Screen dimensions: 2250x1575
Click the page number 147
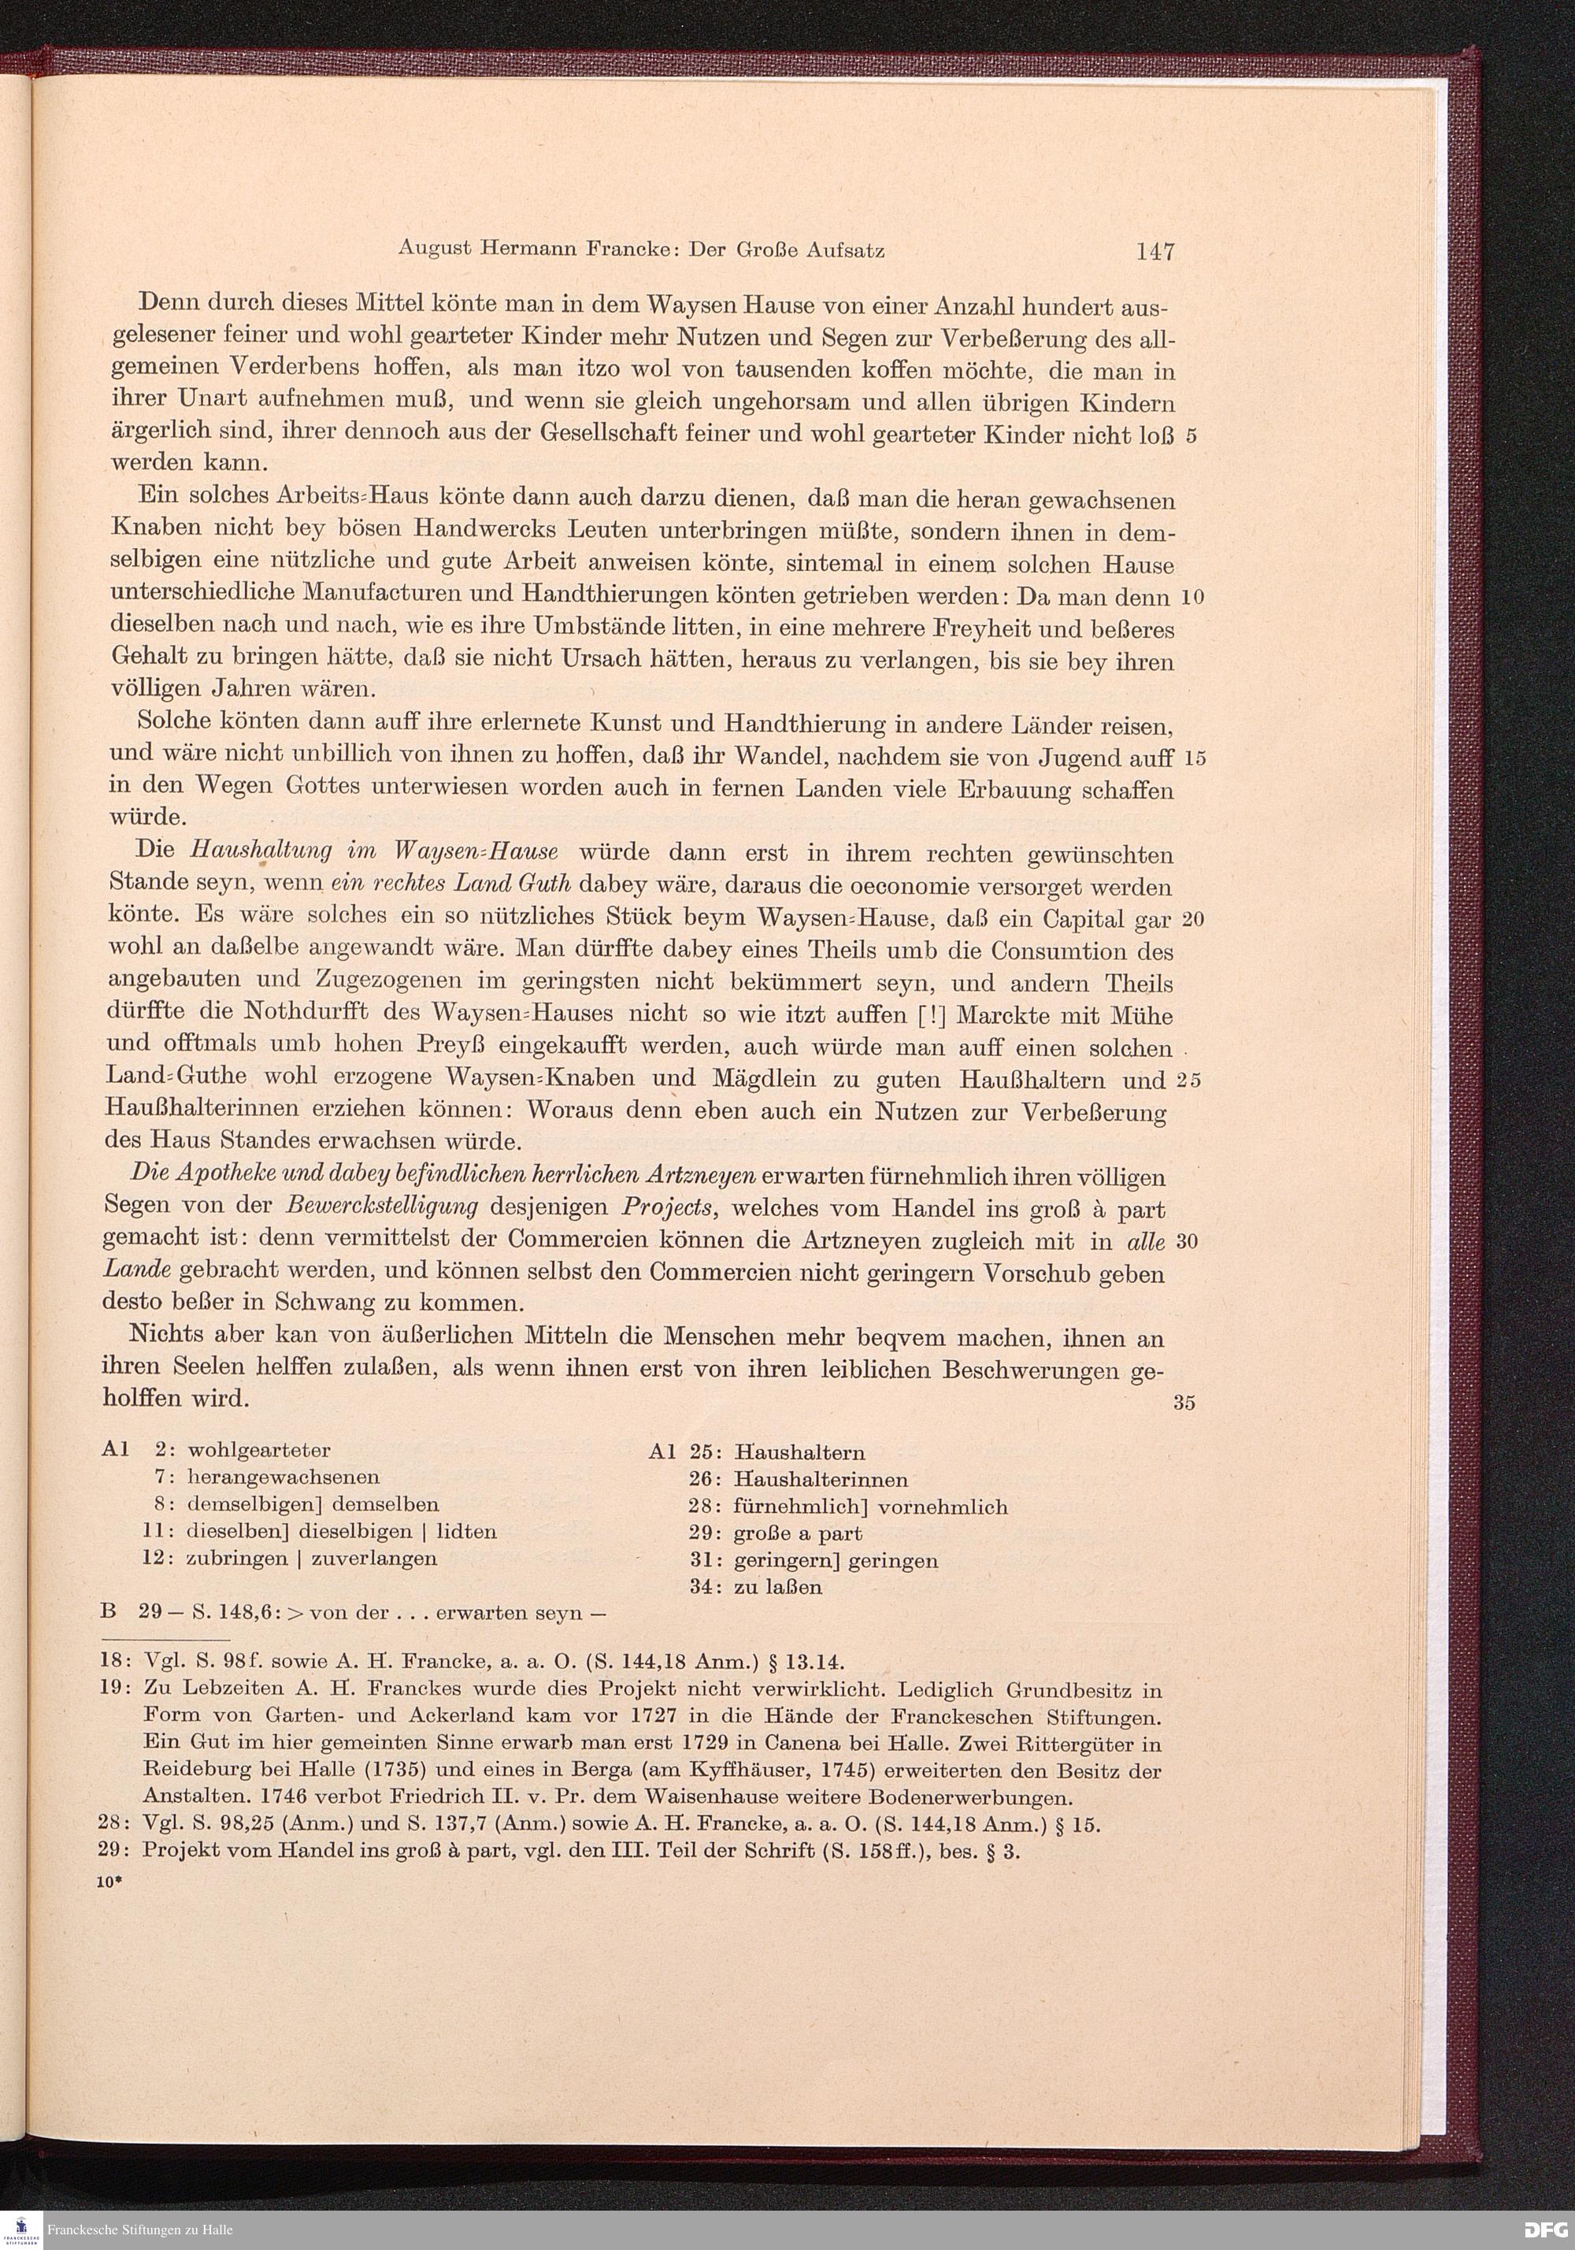click(1155, 251)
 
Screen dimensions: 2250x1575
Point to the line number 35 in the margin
click(1184, 1403)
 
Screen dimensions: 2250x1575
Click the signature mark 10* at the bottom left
click(108, 1882)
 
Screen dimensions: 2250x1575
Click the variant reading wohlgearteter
click(259, 1451)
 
